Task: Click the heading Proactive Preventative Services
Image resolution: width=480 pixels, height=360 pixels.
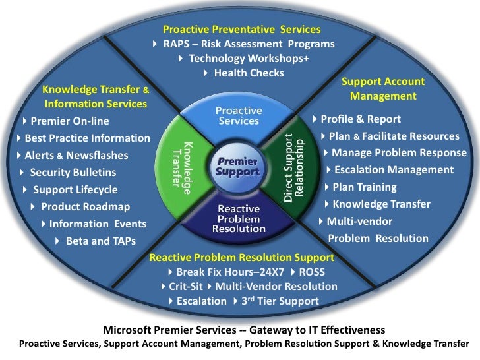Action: [241, 30]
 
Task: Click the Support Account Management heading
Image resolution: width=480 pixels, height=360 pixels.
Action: [383, 89]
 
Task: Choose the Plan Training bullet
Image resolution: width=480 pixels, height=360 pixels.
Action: [364, 187]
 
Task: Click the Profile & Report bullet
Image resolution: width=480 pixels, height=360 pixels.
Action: [360, 119]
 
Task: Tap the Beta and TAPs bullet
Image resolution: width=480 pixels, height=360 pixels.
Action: [100, 241]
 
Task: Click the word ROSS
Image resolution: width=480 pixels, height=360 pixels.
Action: [312, 272]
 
